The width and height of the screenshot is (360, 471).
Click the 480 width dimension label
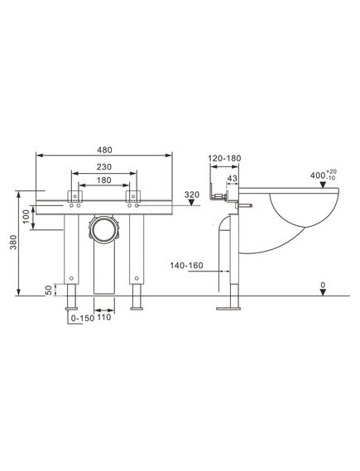(x=104, y=150)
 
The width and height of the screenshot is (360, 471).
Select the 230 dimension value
(x=104, y=166)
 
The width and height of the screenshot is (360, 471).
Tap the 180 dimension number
(x=104, y=180)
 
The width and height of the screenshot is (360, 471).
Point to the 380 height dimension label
(x=13, y=242)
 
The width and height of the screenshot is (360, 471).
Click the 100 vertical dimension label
(x=26, y=216)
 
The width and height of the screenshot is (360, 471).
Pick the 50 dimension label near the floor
(x=49, y=291)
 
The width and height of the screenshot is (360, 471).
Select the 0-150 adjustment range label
(x=83, y=318)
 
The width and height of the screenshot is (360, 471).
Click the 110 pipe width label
(x=104, y=317)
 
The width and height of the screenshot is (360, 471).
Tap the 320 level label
(x=192, y=195)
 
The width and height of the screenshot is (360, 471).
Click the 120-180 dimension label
(x=224, y=158)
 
